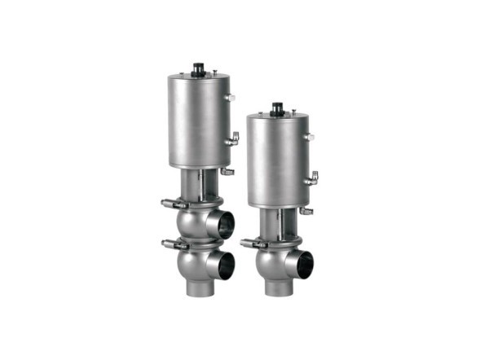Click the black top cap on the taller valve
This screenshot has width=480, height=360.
(x=197, y=68)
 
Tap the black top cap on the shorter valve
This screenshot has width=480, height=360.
(x=276, y=107)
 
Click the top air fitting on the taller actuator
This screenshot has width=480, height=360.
(x=231, y=98)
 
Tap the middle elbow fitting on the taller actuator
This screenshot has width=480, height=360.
(x=233, y=138)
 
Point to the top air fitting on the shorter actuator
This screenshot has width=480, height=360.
(x=310, y=137)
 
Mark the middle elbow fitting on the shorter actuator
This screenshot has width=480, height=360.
(x=312, y=177)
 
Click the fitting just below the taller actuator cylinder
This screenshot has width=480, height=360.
(x=227, y=172)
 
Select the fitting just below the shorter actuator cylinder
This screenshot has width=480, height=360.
(x=306, y=211)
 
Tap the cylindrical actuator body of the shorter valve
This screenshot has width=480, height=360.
(x=276, y=159)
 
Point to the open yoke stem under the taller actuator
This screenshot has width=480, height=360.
(x=197, y=182)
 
